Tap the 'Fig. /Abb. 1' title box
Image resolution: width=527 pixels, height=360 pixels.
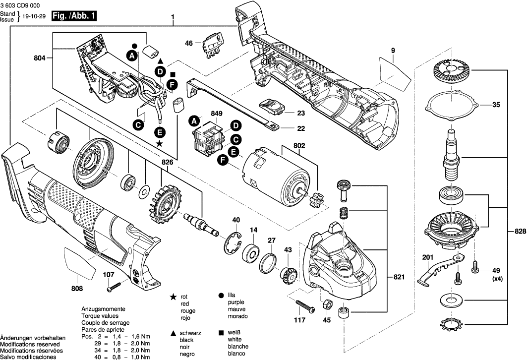tap(73, 16)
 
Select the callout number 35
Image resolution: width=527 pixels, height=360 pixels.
tap(496, 105)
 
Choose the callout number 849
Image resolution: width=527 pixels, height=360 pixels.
tap(217, 113)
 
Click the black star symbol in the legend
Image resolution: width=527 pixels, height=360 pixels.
tap(173, 297)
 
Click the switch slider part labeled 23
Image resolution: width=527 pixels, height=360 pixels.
tap(271, 106)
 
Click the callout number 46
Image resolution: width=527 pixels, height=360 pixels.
tap(188, 43)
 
